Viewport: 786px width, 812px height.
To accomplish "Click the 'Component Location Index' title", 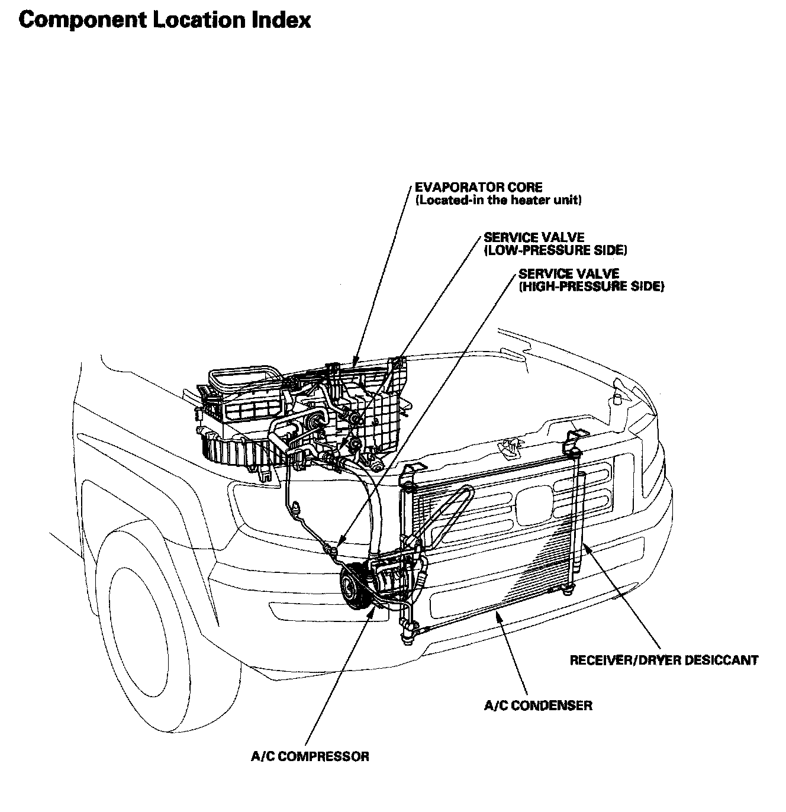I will point(165,20).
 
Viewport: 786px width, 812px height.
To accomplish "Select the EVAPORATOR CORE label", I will point(478,188).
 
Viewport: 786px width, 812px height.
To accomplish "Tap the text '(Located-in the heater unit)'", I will point(498,200).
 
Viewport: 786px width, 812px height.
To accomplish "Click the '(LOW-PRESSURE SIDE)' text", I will point(555,250).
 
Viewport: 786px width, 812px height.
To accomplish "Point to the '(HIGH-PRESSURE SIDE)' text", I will point(591,287).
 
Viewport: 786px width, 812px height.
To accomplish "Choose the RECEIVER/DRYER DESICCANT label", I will point(663,660).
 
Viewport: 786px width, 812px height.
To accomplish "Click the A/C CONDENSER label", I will point(538,705).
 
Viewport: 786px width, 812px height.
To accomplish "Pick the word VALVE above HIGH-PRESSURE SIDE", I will point(598,274).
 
